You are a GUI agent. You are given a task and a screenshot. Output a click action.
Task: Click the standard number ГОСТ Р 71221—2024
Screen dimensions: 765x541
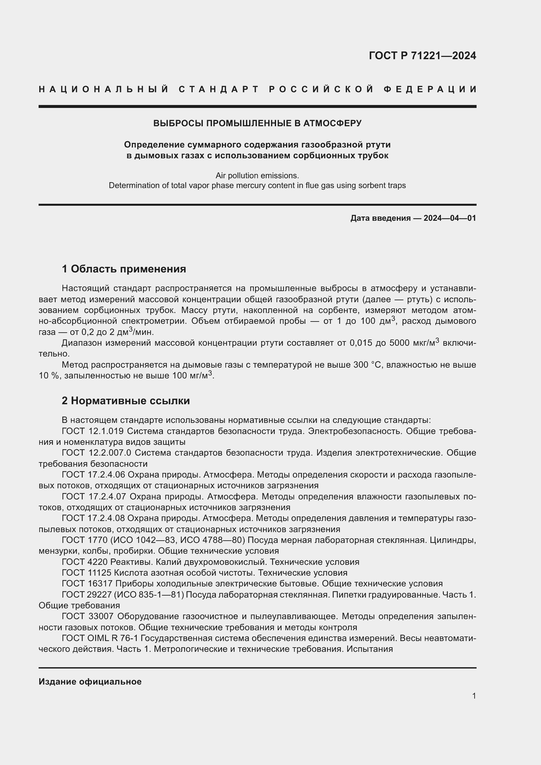coord(422,56)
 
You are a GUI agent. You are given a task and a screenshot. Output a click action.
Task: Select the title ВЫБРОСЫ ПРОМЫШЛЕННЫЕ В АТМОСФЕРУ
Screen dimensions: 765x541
coord(257,123)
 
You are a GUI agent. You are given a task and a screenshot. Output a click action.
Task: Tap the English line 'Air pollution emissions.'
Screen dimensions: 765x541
coord(257,175)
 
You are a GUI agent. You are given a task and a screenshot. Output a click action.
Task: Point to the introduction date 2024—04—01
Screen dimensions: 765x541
coord(450,218)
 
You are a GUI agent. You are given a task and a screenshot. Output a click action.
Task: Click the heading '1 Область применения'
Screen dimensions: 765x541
coord(124,269)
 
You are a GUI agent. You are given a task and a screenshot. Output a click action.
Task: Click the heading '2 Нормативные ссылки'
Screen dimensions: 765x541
coord(126,401)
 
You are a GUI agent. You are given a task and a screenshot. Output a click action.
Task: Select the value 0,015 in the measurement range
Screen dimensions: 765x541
coord(361,343)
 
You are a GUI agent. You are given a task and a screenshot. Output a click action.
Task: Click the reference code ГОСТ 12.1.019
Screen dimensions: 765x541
coord(93,431)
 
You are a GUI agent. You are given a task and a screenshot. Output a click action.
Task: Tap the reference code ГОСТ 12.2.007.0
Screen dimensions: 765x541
coord(96,453)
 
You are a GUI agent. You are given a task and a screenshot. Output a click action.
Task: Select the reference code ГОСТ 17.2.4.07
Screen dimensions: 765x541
coord(94,496)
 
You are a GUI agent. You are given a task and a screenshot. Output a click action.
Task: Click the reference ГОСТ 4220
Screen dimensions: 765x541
coord(85,562)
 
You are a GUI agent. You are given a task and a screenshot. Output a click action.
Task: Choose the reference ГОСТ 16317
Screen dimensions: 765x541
coord(87,583)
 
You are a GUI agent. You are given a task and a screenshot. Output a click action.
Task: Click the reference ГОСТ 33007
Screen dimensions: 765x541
coord(88,617)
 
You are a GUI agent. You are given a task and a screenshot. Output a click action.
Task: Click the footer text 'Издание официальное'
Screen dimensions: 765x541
coord(90,682)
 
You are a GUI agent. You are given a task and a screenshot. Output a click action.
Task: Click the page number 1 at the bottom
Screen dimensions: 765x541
coord(474,696)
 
